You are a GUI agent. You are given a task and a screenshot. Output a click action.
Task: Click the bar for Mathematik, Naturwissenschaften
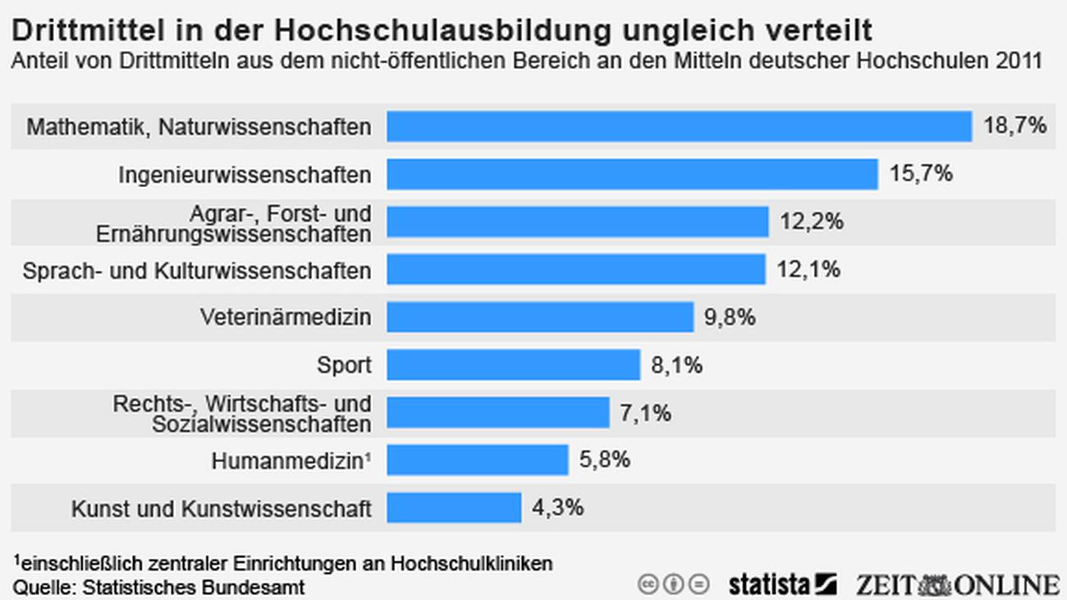pos(680,126)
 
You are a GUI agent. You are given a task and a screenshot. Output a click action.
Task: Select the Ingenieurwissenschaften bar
pos(632,174)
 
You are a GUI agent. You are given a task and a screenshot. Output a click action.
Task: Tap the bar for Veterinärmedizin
pos(540,317)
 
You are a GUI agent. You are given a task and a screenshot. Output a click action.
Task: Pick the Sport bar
pos(513,364)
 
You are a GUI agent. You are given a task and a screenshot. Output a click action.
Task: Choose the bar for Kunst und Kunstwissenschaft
pos(454,507)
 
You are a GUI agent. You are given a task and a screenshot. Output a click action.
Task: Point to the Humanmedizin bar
pos(478,460)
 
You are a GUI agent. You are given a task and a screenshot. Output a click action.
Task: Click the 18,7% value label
pos(1015,126)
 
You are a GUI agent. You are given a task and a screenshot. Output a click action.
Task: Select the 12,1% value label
pos(808,269)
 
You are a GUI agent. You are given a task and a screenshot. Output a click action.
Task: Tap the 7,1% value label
pos(645,412)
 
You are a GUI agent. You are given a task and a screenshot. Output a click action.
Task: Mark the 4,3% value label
pos(557,507)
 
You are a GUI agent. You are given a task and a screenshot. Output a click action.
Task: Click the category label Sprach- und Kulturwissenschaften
pos(197,270)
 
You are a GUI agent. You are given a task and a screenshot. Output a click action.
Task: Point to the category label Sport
pos(344,364)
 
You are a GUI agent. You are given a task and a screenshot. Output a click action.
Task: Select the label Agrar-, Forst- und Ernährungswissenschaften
pos(233,223)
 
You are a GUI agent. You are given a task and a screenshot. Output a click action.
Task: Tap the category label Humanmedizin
pos(287,461)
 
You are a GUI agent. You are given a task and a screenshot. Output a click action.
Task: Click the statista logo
pos(781,584)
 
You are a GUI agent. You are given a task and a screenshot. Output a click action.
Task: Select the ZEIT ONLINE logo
pos(956,584)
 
